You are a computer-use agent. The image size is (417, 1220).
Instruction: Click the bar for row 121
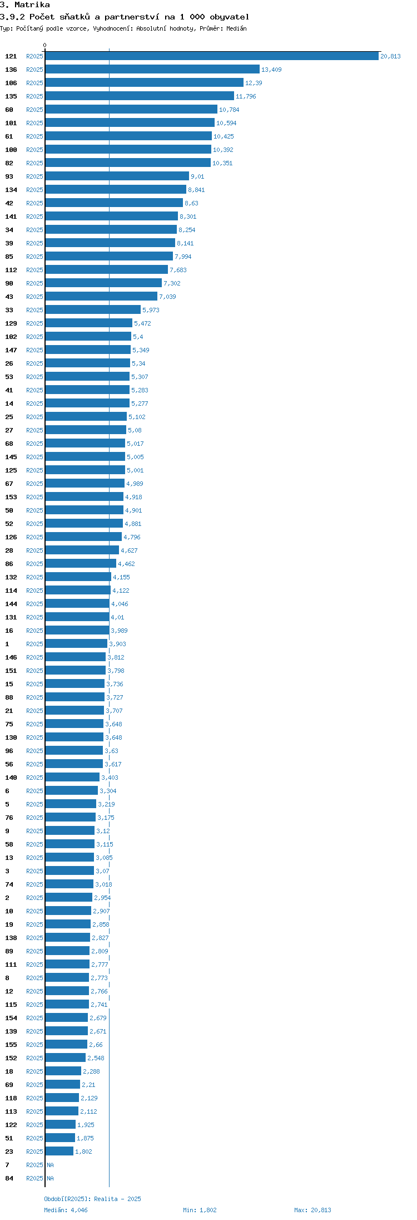[x=212, y=56]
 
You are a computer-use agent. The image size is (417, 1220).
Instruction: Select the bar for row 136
[x=152, y=70]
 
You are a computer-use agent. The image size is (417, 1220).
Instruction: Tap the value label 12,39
[x=254, y=83]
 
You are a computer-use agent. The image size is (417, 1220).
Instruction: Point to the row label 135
[x=11, y=96]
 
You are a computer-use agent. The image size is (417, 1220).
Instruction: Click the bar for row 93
[x=117, y=176]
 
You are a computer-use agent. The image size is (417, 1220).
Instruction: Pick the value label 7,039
[x=167, y=297]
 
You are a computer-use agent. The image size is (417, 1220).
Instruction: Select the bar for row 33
[x=93, y=310]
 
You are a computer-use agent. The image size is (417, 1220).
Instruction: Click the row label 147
[x=11, y=350]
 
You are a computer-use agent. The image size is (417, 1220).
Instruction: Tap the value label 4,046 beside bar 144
[x=120, y=604]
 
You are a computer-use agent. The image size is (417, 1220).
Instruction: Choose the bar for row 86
[x=81, y=564]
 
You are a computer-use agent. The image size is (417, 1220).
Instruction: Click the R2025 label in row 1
[x=34, y=644]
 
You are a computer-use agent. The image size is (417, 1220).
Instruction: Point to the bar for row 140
[x=72, y=778]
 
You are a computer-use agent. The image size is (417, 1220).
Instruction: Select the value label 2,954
[x=102, y=898]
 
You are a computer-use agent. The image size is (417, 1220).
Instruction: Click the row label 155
[x=11, y=1045]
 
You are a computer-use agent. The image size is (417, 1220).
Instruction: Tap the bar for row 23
[x=59, y=1152]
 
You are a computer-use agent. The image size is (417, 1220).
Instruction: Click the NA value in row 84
[x=50, y=1178]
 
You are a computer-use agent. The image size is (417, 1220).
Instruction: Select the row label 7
[x=7, y=1165]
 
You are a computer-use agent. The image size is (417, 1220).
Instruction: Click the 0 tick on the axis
[x=45, y=45]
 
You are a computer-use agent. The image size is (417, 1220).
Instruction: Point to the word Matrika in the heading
[x=32, y=5]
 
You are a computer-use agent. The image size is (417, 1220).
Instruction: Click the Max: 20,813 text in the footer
[x=312, y=1210]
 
